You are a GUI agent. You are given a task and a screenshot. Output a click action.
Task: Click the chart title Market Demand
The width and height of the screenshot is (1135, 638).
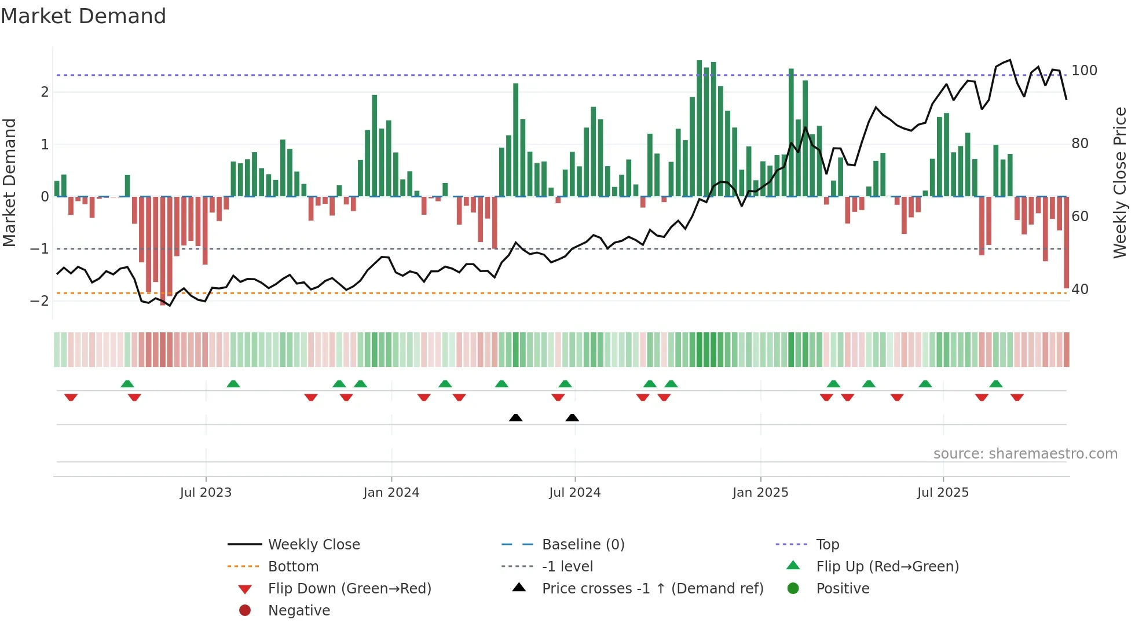tap(83, 16)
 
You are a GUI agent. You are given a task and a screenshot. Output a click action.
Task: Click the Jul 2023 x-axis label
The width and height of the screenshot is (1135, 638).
tap(206, 493)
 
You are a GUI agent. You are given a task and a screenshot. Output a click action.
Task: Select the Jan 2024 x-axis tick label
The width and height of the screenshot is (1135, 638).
tap(391, 493)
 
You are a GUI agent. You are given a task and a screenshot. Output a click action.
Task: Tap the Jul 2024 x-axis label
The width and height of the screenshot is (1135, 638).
tap(574, 493)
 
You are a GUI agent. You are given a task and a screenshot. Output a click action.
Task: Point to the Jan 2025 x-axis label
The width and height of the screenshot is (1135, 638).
tap(760, 493)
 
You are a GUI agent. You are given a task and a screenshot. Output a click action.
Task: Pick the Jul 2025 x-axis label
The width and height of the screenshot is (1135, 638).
tap(943, 493)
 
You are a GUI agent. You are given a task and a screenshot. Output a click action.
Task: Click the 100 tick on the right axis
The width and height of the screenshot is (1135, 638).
tap(1084, 71)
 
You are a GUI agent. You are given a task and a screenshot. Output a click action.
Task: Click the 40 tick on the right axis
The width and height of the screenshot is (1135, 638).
tap(1080, 289)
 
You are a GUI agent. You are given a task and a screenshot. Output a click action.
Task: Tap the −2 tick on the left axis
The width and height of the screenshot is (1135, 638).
tap(39, 300)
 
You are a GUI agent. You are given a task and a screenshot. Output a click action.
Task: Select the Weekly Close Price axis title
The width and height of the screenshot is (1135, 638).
tap(1120, 182)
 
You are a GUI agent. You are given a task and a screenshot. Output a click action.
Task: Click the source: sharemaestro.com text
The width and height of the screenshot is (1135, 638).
tap(1025, 454)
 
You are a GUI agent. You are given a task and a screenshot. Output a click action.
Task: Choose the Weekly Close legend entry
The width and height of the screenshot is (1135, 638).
tap(313, 545)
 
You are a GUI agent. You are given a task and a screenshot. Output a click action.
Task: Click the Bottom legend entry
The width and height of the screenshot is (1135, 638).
tap(293, 567)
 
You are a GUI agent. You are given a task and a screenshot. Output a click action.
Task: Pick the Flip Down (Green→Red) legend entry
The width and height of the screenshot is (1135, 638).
tap(349, 589)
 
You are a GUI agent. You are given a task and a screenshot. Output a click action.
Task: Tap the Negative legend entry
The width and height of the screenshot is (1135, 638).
tap(299, 611)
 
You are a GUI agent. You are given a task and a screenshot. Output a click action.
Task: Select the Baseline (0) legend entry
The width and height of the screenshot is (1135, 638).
tap(583, 545)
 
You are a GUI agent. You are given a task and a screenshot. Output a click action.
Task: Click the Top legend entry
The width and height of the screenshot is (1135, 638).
tap(827, 545)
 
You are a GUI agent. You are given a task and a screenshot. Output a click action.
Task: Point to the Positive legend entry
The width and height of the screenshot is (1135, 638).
tap(843, 589)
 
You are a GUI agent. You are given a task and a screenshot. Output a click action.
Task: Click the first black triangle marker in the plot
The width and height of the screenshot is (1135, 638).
tap(515, 417)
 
